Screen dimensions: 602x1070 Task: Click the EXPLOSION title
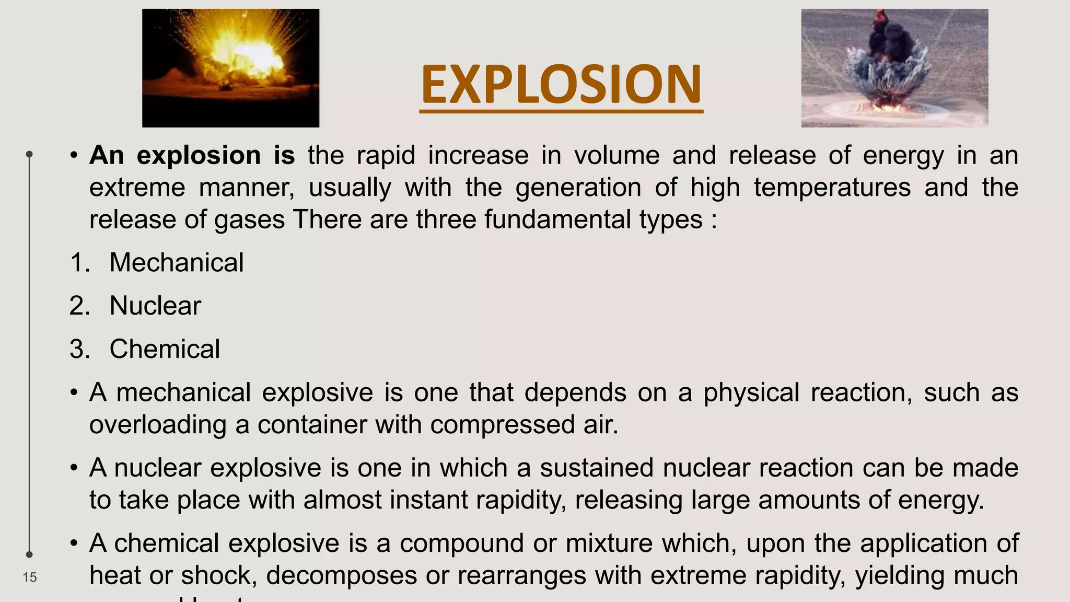[x=561, y=85]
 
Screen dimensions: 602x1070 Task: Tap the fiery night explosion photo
[x=230, y=68]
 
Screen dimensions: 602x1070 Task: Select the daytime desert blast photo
[x=894, y=68]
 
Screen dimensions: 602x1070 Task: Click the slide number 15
[x=30, y=577]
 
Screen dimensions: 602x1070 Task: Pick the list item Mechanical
[x=176, y=262]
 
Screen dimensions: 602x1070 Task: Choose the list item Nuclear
[x=155, y=306]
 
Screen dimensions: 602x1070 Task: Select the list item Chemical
[x=165, y=349]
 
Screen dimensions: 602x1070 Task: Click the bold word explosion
[x=199, y=156]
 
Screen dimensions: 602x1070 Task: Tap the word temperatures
[x=832, y=188]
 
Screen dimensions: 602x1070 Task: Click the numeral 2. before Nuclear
[x=80, y=306]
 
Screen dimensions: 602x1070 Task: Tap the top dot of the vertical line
[x=30, y=154]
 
